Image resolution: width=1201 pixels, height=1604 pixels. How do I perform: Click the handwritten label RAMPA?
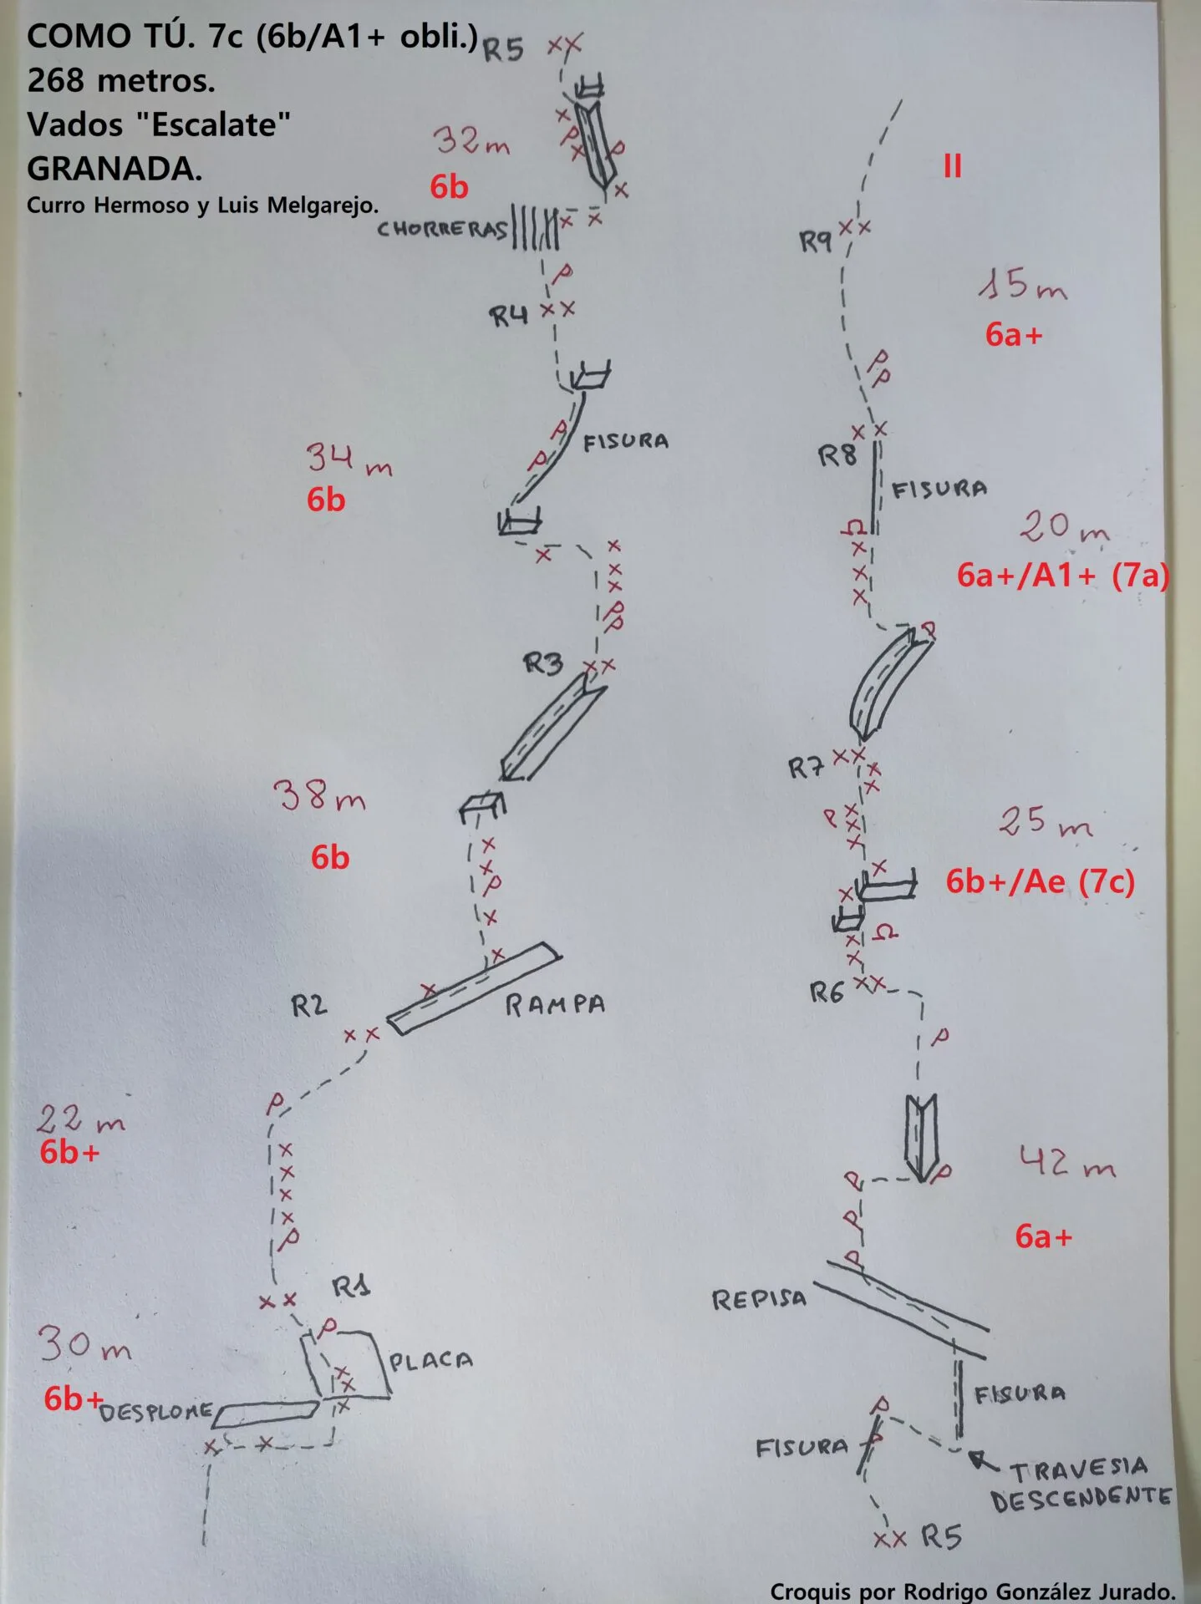(554, 1004)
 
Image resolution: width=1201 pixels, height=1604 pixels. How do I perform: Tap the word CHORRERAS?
(442, 229)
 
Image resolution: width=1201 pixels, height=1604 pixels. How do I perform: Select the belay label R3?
(543, 664)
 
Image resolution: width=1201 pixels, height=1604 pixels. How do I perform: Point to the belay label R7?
(807, 768)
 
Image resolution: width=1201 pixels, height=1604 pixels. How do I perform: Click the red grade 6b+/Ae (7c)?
(1040, 882)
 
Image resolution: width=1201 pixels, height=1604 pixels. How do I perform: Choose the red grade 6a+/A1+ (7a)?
(1062, 576)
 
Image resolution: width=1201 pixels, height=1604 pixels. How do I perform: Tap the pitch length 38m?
(320, 796)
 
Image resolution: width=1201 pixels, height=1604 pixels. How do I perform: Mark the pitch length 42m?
(1067, 1161)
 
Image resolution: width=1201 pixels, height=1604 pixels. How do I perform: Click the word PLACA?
(430, 1361)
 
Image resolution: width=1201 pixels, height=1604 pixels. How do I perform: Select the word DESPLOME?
(156, 1412)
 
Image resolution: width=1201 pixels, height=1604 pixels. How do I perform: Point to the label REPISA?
(759, 1299)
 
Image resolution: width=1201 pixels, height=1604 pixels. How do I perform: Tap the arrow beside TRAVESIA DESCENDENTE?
(984, 1461)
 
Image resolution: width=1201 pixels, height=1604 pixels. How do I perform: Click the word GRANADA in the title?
(115, 170)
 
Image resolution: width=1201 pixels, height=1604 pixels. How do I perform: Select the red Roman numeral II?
(952, 166)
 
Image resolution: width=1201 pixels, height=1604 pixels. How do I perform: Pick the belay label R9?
(816, 242)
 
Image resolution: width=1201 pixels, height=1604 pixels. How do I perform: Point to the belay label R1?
(351, 1287)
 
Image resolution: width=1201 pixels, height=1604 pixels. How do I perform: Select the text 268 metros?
(121, 81)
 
